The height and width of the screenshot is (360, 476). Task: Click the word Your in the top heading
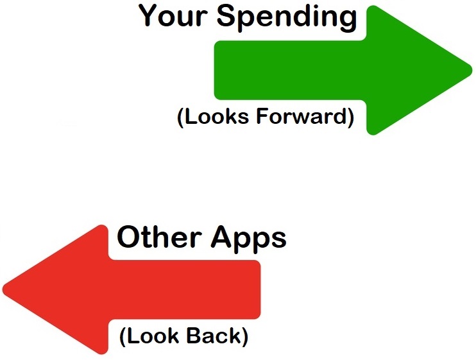point(173,15)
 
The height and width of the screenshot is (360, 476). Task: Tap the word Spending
point(287,18)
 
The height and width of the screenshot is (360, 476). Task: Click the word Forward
point(302,116)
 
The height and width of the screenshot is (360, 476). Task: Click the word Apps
point(249,239)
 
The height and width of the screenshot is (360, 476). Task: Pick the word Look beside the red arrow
point(153,336)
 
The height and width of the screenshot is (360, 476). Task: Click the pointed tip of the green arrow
point(472,70)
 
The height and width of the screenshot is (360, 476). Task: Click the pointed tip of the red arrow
point(3,289)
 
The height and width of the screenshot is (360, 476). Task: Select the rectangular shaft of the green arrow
point(291,70)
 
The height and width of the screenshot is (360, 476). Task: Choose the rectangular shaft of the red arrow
point(184,289)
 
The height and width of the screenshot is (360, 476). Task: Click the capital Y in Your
point(149,15)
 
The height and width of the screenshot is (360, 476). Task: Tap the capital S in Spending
point(226,15)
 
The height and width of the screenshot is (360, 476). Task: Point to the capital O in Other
point(128,237)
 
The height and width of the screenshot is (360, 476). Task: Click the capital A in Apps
point(222,236)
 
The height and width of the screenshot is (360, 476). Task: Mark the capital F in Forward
point(262,116)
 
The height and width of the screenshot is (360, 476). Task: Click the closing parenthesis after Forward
point(351,117)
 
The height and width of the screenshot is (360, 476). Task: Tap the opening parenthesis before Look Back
point(123,337)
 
